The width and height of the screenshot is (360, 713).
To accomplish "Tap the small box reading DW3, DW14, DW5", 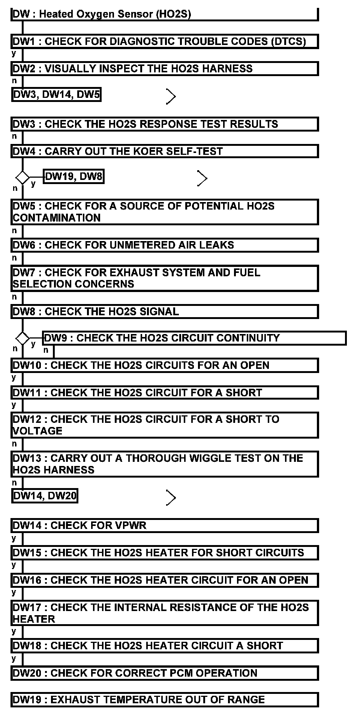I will (x=56, y=94).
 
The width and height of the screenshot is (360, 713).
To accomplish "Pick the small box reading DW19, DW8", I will (x=73, y=177).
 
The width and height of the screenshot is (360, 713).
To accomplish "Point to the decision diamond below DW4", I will (x=22, y=177).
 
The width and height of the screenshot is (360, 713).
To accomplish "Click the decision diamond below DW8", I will (x=22, y=339).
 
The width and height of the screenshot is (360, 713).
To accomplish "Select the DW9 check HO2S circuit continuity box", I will (x=194, y=338).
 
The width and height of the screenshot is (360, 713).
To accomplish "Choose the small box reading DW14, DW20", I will (x=45, y=496).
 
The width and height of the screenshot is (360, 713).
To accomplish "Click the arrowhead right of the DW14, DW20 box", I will (x=171, y=498).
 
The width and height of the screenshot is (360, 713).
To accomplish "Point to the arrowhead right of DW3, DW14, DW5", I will (x=171, y=96).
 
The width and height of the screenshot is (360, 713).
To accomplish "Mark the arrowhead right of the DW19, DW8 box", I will (x=202, y=178).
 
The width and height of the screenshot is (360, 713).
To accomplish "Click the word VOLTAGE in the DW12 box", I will (x=37, y=431).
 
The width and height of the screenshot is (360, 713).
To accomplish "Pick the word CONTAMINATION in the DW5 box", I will (x=57, y=218).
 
